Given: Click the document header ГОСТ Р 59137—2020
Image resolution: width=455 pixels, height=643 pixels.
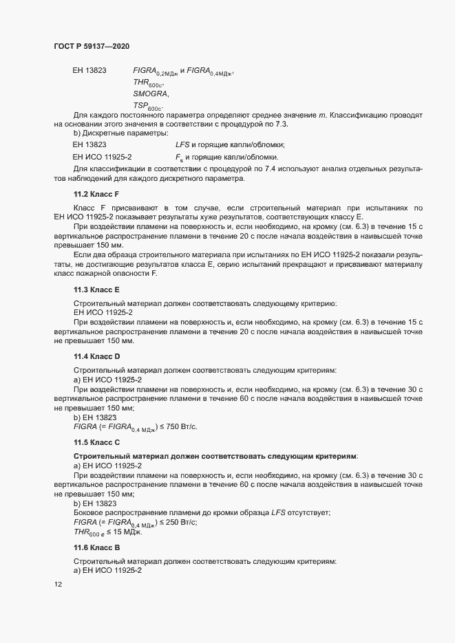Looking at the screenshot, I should pos(91,46).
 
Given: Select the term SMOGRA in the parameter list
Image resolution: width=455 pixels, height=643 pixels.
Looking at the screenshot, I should pos(150,94).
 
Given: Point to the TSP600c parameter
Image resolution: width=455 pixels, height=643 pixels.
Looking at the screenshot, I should pos(148,107).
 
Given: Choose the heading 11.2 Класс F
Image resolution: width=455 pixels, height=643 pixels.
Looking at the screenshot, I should pos(96,195).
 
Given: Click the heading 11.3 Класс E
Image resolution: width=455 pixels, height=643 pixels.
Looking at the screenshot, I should pos(96,290).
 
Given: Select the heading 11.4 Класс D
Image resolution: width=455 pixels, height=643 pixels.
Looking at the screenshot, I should pos(96,356).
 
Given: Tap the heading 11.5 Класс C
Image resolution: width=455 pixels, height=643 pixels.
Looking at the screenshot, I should pos(96,442).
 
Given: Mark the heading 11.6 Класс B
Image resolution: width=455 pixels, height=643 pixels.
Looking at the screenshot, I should pos(96,547).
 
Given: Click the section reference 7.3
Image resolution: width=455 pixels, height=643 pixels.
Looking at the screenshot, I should pos(281,124).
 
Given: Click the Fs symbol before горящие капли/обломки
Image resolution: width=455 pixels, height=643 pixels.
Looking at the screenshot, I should pos(180,157).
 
